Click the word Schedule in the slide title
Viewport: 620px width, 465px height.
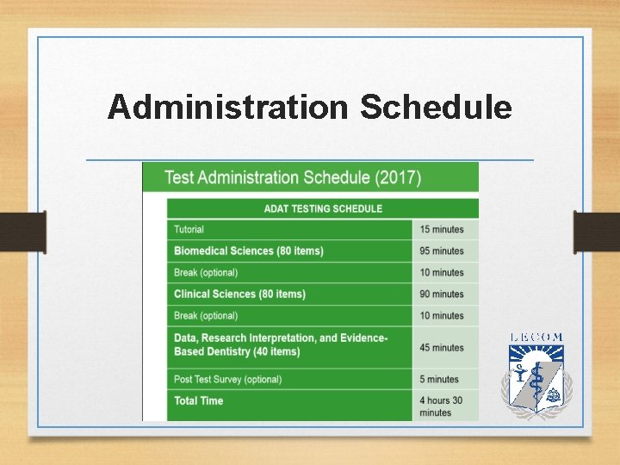(x=436, y=108)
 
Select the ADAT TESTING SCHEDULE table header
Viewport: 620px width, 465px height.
(x=322, y=208)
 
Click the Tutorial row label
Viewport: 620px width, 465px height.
(x=189, y=229)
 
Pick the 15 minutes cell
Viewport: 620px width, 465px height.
(x=442, y=229)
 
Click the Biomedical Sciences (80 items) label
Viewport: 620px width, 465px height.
(x=249, y=251)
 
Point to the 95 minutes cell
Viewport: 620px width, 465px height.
(x=442, y=251)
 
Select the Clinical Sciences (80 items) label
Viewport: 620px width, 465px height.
(x=239, y=294)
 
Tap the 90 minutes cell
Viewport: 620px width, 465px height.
(x=442, y=294)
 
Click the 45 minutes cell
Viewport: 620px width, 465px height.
(x=442, y=347)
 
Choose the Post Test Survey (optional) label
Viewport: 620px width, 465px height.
(x=228, y=379)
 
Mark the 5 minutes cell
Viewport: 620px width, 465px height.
(x=439, y=379)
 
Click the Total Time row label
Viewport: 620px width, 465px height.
(x=199, y=400)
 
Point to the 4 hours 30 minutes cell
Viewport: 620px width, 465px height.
(x=441, y=406)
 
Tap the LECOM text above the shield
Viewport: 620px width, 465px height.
(x=536, y=338)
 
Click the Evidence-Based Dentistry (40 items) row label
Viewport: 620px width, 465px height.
(x=281, y=344)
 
